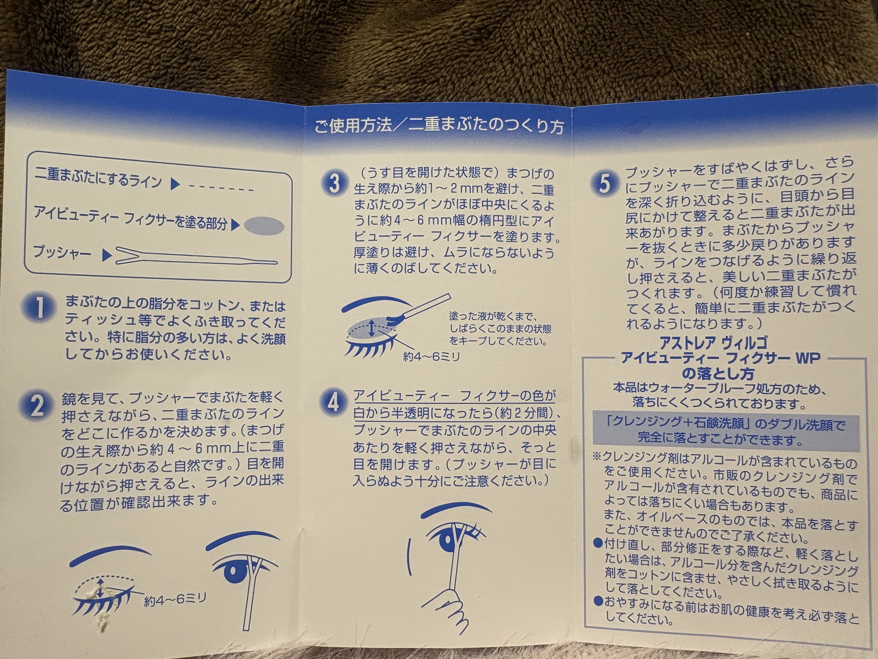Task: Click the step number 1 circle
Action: (x=39, y=308)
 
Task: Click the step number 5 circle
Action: (x=604, y=184)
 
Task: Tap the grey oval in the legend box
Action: (x=264, y=226)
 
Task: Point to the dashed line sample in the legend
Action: (x=221, y=188)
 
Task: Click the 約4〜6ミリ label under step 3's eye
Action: (x=431, y=357)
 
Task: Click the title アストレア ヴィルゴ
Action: (x=713, y=342)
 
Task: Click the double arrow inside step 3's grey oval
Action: (x=371, y=328)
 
